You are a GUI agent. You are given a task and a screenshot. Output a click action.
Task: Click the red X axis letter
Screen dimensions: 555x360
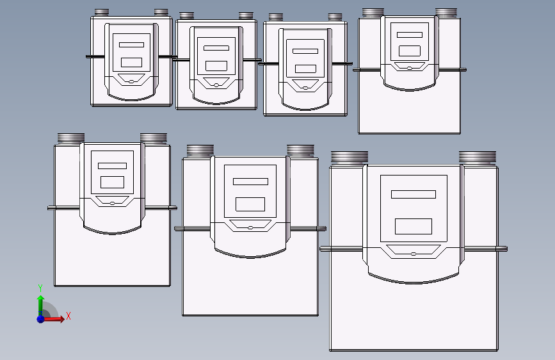coord(68,316)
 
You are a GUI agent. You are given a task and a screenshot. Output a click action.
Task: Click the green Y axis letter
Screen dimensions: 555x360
coord(40,288)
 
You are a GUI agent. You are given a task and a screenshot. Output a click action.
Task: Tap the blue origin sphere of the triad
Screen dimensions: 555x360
coord(41,319)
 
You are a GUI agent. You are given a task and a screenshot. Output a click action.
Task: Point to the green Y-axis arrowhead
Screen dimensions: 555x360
coord(41,299)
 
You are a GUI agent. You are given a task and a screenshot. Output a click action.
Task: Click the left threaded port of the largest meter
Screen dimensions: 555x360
coord(350,158)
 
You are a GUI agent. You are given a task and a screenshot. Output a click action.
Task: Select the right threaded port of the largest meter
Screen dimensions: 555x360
coord(478,158)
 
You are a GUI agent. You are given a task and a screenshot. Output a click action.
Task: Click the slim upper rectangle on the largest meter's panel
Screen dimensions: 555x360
coord(414,194)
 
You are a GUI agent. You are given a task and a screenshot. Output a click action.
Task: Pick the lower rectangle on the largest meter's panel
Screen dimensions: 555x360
coord(414,226)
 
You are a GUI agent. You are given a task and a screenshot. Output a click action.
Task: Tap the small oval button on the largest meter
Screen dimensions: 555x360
coord(413,254)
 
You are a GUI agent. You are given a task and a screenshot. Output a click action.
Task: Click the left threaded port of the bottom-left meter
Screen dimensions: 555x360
coord(71,138)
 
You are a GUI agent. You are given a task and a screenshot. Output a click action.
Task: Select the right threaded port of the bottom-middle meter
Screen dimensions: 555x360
coord(300,151)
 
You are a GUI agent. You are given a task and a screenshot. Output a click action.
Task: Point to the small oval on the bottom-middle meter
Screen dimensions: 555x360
coord(250,228)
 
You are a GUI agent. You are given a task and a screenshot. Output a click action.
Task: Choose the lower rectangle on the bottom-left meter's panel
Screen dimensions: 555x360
coord(112,182)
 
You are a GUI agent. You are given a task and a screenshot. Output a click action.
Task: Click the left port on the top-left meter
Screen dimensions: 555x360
coord(102,13)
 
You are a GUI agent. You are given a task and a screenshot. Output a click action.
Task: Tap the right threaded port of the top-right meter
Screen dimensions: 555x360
coord(446,12)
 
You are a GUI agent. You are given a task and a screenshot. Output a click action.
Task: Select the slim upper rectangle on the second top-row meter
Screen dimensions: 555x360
coord(216,48)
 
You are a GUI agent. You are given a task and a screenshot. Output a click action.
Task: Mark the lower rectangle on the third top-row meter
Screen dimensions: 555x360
coord(305,69)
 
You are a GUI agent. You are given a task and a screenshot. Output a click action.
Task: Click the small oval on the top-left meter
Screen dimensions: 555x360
coord(131,81)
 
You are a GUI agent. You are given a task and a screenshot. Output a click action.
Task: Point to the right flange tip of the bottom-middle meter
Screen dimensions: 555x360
coord(325,229)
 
